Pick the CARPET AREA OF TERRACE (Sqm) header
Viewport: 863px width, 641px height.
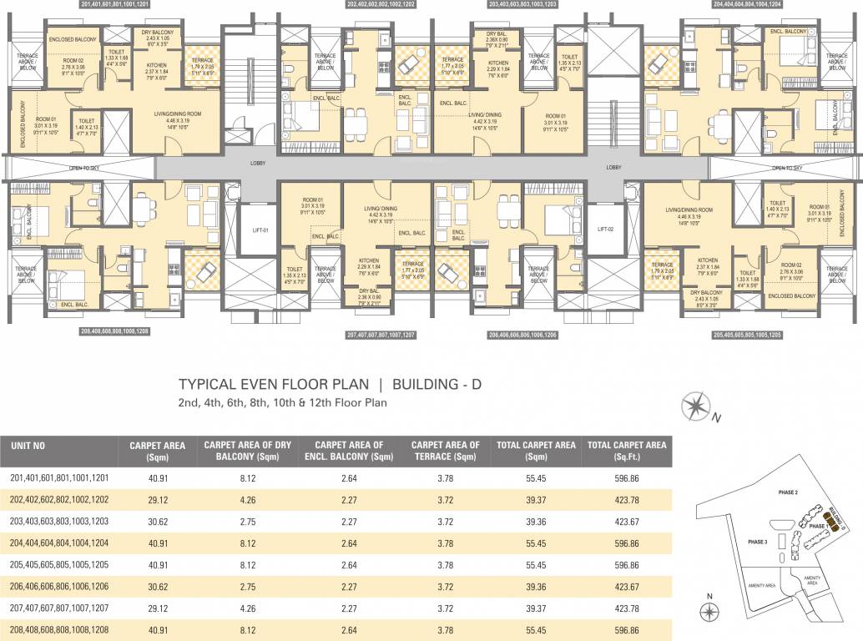pyautogui.click(x=446, y=451)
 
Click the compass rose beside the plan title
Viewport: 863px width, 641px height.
pyautogui.click(x=694, y=407)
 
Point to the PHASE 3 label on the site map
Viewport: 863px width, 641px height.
pyautogui.click(x=759, y=542)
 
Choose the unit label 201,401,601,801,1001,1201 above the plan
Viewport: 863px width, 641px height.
pyautogui.click(x=124, y=5)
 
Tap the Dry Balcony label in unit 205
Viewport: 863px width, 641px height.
pyautogui.click(x=705, y=291)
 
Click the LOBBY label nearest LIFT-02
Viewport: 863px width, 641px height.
pyautogui.click(x=614, y=167)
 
